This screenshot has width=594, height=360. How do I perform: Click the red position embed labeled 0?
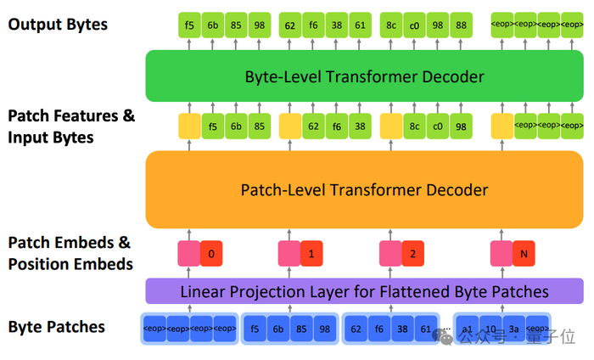click(211, 253)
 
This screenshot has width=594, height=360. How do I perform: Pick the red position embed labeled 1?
click(312, 253)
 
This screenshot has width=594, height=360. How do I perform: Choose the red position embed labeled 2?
click(412, 253)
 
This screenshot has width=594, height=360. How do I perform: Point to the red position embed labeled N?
click(524, 253)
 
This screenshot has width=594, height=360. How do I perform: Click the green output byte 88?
click(461, 25)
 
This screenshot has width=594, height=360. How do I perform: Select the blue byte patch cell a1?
click(467, 329)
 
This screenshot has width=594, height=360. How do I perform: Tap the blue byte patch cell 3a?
click(513, 329)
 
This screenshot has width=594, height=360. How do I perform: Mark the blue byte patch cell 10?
click(490, 329)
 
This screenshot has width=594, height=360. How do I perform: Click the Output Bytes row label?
click(58, 25)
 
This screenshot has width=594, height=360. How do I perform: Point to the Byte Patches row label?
click(56, 327)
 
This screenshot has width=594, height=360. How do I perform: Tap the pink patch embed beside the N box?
click(501, 253)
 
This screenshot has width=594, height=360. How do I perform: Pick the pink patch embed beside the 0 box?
click(188, 253)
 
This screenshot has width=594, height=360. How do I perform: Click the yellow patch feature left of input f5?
click(188, 127)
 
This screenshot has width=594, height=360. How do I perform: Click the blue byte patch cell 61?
click(425, 329)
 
